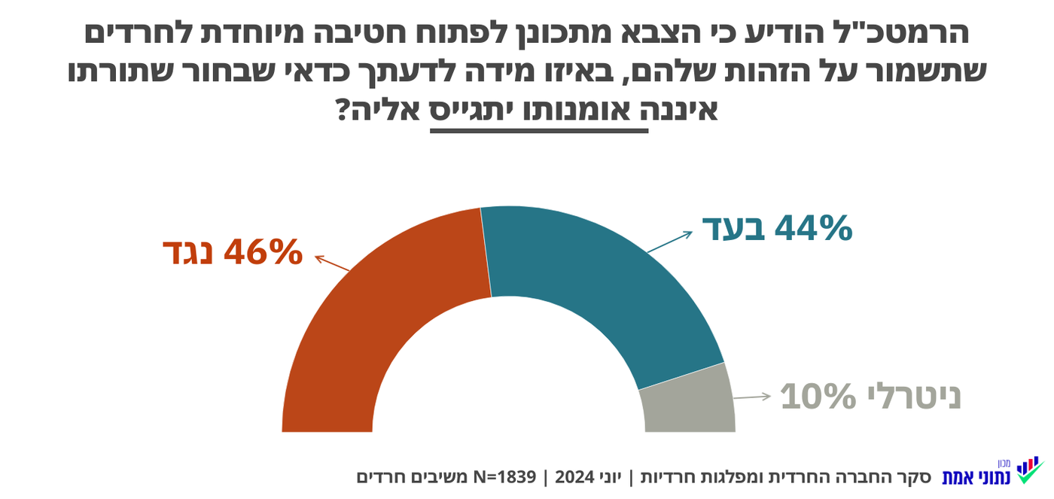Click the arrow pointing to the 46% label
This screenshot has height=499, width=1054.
(x=332, y=263)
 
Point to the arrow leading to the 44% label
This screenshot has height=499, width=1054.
(x=669, y=242)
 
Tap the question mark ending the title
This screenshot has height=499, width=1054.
(x=344, y=111)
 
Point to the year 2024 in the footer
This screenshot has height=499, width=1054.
(x=574, y=477)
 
